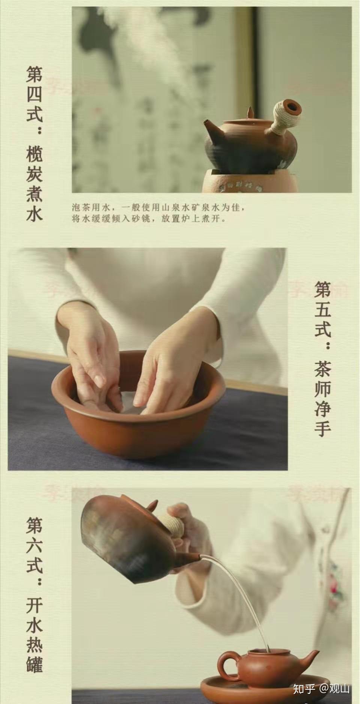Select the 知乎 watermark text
[x=304, y=689]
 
